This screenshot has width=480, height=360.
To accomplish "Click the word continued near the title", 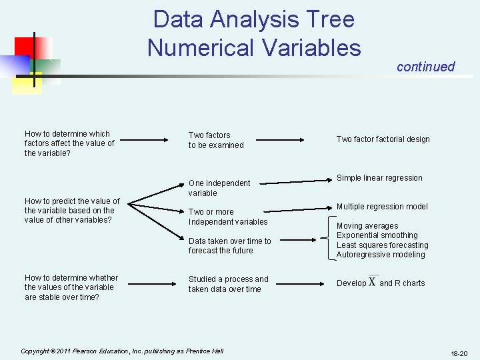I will (425, 67).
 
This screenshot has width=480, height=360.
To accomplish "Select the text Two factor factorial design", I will (383, 139).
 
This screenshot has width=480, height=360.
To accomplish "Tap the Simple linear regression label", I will (379, 178).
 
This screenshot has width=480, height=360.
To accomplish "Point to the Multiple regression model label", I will (382, 207).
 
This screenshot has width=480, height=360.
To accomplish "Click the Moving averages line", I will (367, 226).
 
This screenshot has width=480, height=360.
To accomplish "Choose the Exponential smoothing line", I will (377, 235).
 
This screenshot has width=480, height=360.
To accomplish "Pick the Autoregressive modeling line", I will (381, 255).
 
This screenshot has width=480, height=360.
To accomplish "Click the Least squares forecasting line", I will (383, 245).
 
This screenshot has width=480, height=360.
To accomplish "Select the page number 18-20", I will (459, 353).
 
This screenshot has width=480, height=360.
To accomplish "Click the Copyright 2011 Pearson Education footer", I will (121, 351).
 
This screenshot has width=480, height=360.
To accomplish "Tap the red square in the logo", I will (25, 47).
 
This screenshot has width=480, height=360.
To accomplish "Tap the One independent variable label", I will (219, 188).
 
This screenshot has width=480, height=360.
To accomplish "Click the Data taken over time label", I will (230, 246).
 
